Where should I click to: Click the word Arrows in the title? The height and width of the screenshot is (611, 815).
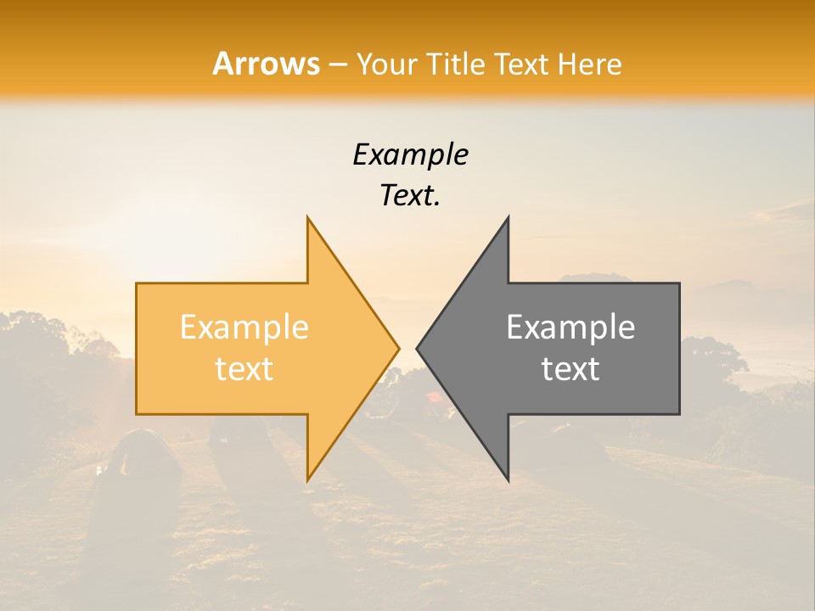266,64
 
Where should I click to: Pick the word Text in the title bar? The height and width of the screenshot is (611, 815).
521,64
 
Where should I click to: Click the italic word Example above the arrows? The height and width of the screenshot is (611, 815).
410,154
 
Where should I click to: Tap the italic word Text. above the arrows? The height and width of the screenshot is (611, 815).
410,195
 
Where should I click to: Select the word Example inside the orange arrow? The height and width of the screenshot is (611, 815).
244,328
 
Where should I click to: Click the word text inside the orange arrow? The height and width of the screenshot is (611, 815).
244,369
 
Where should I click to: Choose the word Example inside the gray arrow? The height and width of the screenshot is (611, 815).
570,328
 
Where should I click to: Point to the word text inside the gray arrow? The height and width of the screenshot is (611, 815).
570,369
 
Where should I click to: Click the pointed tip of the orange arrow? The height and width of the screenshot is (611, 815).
399,348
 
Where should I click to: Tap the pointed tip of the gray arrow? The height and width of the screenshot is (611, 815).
417,348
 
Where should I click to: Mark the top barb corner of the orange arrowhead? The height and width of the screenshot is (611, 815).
307,217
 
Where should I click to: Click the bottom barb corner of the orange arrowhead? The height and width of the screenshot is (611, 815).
307,479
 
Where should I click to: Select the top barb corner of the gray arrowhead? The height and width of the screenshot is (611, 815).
508,217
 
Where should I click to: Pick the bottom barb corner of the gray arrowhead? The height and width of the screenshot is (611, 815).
508,479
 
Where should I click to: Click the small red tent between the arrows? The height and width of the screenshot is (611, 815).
433,395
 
